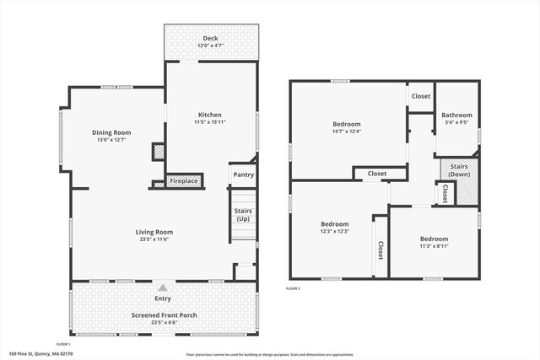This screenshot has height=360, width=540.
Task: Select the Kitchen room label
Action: (x=210, y=115)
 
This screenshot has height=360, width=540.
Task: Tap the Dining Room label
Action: (x=111, y=132)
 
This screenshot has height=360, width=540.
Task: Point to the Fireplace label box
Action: (x=184, y=180)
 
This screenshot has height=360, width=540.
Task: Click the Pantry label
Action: (x=244, y=175)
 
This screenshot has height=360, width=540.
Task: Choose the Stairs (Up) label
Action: (x=243, y=215)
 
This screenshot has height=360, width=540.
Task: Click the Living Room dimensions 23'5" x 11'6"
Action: (x=154, y=240)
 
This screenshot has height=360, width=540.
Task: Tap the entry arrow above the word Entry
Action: (x=162, y=288)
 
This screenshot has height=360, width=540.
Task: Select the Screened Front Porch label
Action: (x=162, y=315)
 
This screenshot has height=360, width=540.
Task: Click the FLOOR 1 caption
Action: (x=63, y=344)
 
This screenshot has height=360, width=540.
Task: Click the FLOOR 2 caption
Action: (x=293, y=288)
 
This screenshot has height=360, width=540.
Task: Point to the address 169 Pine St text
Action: (x=41, y=353)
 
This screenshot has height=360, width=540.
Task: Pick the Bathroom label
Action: (x=456, y=115)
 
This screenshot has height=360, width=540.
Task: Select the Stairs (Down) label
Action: (x=459, y=169)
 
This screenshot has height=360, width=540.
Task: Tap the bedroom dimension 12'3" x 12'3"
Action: (x=334, y=231)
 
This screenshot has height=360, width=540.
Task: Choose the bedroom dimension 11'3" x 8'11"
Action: (x=435, y=246)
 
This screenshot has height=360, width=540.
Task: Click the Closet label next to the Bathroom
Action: (x=420, y=96)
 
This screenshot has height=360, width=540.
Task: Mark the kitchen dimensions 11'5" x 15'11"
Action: (x=210, y=123)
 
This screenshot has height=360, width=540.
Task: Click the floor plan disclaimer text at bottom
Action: (x=269, y=354)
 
